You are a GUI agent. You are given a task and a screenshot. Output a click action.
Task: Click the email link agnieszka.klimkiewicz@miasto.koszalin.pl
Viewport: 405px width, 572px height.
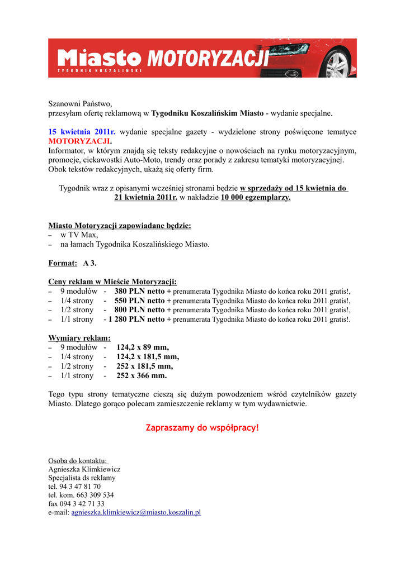[x=136, y=512]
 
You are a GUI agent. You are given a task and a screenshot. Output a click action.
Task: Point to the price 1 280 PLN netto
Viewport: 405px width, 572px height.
[x=136, y=320]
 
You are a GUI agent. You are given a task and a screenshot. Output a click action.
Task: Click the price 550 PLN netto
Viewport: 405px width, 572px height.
[x=139, y=301]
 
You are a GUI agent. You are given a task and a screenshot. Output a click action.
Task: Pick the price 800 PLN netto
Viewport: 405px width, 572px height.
[x=139, y=310]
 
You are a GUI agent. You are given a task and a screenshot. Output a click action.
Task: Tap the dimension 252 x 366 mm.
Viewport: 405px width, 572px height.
[x=142, y=376]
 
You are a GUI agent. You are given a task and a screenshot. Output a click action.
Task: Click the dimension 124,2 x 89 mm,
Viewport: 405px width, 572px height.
[x=143, y=347]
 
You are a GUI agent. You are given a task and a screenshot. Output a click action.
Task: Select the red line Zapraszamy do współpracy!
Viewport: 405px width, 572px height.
[x=202, y=428]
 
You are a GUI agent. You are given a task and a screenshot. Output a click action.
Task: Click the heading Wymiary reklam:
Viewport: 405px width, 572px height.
[x=79, y=338]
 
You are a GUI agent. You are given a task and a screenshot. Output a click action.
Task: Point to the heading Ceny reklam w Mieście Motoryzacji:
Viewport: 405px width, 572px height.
[x=112, y=282]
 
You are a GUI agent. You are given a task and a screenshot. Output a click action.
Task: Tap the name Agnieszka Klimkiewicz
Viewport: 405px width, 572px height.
[x=84, y=469]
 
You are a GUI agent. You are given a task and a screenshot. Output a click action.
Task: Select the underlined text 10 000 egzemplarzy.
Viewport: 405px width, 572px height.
[x=256, y=198]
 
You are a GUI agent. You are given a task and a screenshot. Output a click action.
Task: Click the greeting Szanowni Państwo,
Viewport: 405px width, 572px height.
[x=81, y=103]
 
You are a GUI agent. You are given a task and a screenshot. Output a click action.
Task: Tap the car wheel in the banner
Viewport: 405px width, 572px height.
[x=337, y=64]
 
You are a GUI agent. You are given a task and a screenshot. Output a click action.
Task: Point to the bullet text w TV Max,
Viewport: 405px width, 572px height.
[x=79, y=235]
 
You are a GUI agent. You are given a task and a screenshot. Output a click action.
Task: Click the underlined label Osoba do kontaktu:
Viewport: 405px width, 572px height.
[x=78, y=460]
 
